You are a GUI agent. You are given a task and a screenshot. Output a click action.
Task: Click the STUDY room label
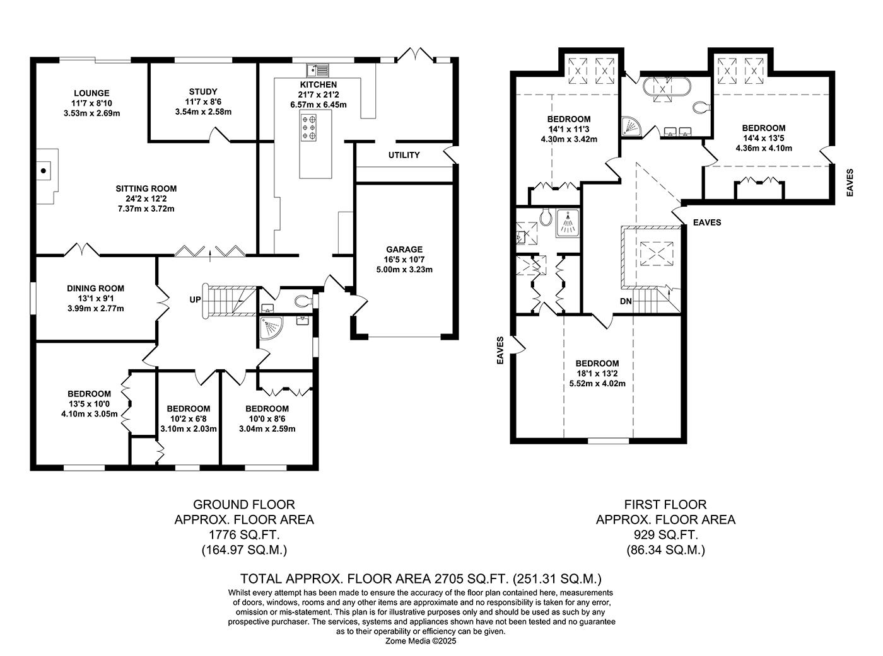pyautogui.click(x=203, y=91)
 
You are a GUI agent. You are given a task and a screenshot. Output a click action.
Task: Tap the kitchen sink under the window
pyautogui.click(x=318, y=71)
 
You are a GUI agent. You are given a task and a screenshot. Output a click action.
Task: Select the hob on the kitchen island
pyautogui.click(x=309, y=128)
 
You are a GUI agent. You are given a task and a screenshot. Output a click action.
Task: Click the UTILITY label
pyautogui.click(x=404, y=155)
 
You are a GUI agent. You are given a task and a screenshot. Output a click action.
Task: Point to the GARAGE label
pyautogui.click(x=404, y=250)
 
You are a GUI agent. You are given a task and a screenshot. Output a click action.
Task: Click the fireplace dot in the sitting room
pyautogui.click(x=44, y=171)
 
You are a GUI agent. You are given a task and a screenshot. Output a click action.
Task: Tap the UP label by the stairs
pyautogui.click(x=195, y=299)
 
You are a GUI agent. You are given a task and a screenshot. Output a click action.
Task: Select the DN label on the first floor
pyautogui.click(x=626, y=301)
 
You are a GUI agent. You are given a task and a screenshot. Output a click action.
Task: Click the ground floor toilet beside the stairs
pyautogui.click(x=303, y=301)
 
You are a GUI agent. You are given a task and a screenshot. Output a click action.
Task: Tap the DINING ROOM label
pyautogui.click(x=95, y=289)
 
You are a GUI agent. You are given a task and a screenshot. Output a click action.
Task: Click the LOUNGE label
pyautogui.click(x=91, y=93)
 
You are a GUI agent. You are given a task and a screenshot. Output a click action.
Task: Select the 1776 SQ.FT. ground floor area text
pyautogui.click(x=244, y=534)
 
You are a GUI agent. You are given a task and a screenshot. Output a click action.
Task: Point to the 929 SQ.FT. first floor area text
pyautogui.click(x=665, y=534)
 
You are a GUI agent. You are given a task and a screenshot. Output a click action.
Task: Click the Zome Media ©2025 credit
pyautogui.click(x=421, y=641)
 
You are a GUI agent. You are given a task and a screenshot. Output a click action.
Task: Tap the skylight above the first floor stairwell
pyautogui.click(x=657, y=253)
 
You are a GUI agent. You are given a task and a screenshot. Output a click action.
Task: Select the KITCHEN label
pyautogui.click(x=319, y=84)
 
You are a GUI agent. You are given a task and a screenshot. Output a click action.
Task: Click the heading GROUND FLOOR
pyautogui.click(x=244, y=504)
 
